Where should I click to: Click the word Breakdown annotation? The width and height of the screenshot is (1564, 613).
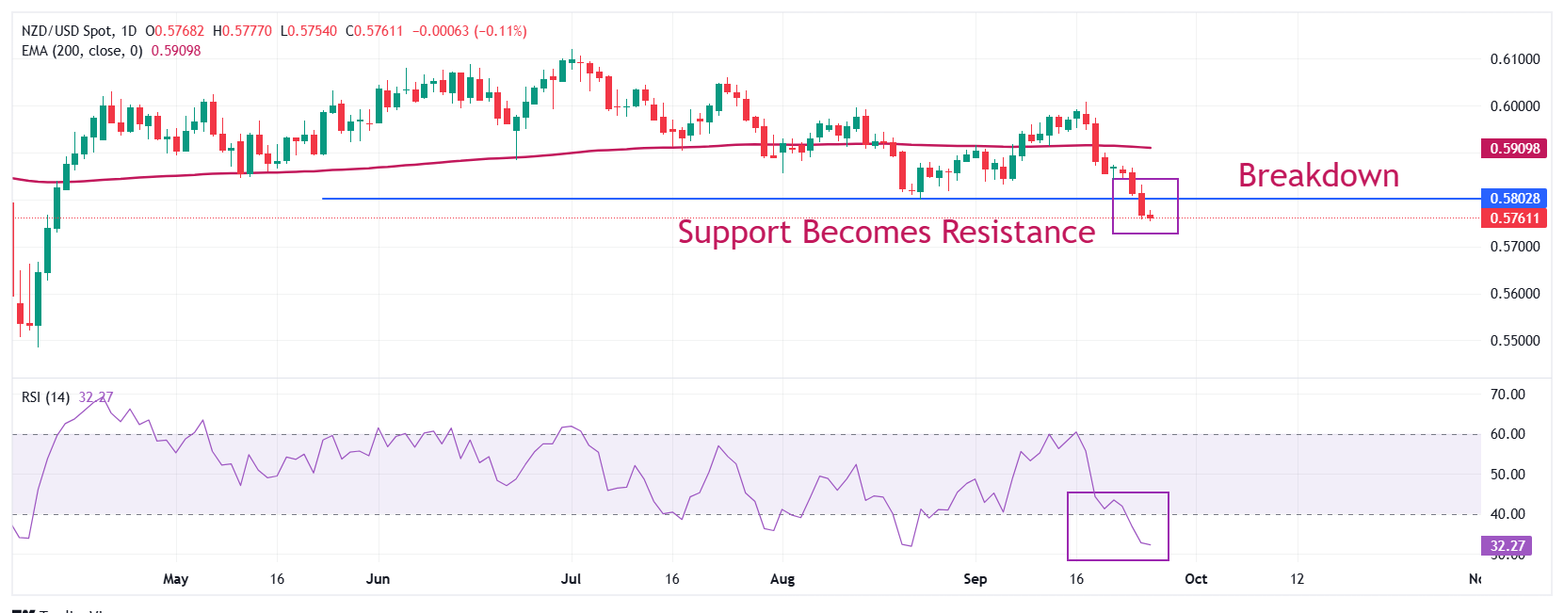coord(1317,176)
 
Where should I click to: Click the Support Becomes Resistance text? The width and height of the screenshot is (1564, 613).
coord(886,232)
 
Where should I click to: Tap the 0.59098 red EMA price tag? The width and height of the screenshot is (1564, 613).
coord(1514,148)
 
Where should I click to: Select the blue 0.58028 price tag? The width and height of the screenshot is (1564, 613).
coord(1514,199)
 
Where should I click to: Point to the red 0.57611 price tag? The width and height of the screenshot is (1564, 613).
coord(1514,218)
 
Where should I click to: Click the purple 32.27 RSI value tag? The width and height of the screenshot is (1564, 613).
coord(1507,546)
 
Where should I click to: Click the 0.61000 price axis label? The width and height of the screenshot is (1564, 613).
coord(1514,59)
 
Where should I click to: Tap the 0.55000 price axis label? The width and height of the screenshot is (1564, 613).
coord(1514,341)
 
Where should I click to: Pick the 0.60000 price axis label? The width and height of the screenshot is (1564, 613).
coord(1514,106)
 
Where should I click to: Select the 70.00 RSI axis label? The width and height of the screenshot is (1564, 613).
coord(1507,395)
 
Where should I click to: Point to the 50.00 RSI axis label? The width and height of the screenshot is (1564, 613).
coord(1507,475)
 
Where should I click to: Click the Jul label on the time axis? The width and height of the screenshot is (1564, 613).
coord(571,579)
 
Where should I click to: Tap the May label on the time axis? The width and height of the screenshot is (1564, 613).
coord(176,579)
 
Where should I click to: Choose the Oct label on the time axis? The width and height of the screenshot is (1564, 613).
coord(1196,579)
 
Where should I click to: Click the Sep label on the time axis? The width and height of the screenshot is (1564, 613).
coord(975,579)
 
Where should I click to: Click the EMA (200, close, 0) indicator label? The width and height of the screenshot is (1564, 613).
coord(82,51)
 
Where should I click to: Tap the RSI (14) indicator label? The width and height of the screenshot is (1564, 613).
coord(45,397)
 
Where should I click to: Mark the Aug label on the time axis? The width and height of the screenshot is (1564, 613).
coord(782,579)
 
